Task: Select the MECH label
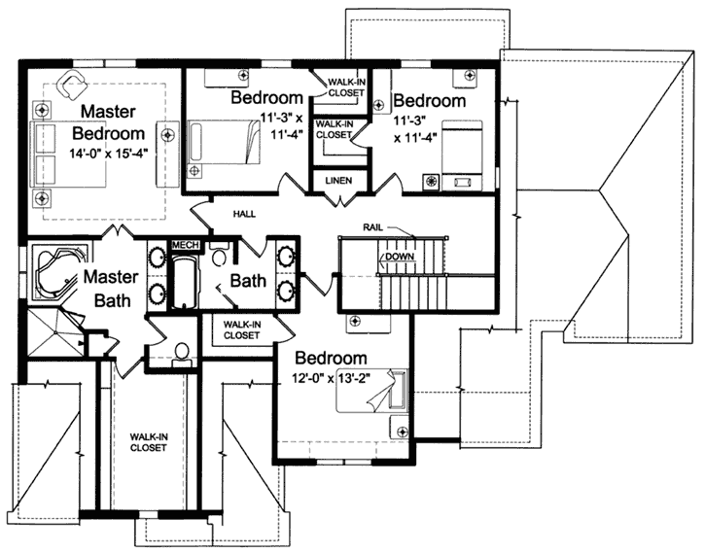(184, 245)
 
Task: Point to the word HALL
(243, 213)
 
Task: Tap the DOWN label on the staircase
(400, 257)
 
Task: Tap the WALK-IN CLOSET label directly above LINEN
(334, 129)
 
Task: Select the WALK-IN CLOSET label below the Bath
(241, 329)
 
